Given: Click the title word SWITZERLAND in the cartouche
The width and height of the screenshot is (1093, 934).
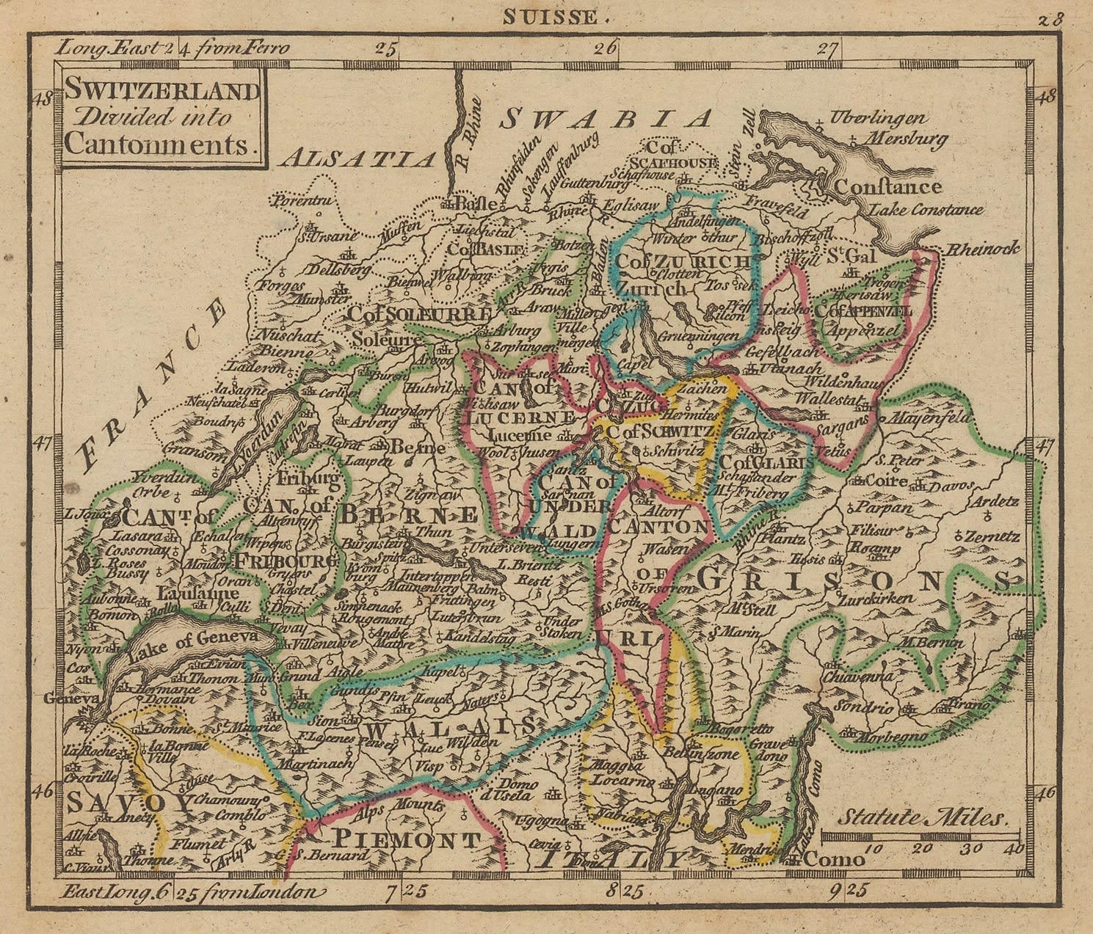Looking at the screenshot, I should coord(162,91).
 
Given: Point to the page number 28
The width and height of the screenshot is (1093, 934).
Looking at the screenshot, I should coord(1050,19).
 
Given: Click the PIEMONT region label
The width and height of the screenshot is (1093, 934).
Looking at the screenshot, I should coord(408,839).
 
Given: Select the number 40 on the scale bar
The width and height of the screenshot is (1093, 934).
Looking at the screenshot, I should coord(1014,849).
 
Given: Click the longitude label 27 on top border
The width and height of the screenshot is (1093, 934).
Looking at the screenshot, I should coord(827,50).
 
